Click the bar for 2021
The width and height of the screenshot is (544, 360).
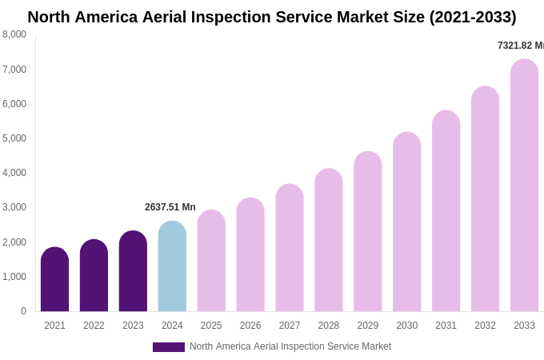tap(54, 279)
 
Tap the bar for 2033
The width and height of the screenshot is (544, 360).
tap(524, 185)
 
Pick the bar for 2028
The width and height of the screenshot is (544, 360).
tap(329, 240)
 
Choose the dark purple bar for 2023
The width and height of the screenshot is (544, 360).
tap(133, 271)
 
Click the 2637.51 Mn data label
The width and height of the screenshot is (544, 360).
tap(170, 207)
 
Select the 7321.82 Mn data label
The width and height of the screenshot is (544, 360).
tap(520, 46)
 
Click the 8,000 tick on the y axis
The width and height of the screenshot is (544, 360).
tap(14, 34)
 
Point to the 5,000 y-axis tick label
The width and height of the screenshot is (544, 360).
tap(14, 138)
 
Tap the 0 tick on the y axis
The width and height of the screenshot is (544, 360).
tap(23, 311)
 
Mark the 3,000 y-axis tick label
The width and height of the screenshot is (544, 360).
tap(14, 207)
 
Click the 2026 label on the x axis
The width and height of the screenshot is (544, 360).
tap(250, 326)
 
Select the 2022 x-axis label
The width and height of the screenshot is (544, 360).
tap(94, 326)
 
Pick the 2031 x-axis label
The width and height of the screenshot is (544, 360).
tap(446, 326)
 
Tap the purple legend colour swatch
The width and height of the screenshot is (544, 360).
tap(169, 347)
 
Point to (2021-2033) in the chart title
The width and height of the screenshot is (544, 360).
tap(472, 17)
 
